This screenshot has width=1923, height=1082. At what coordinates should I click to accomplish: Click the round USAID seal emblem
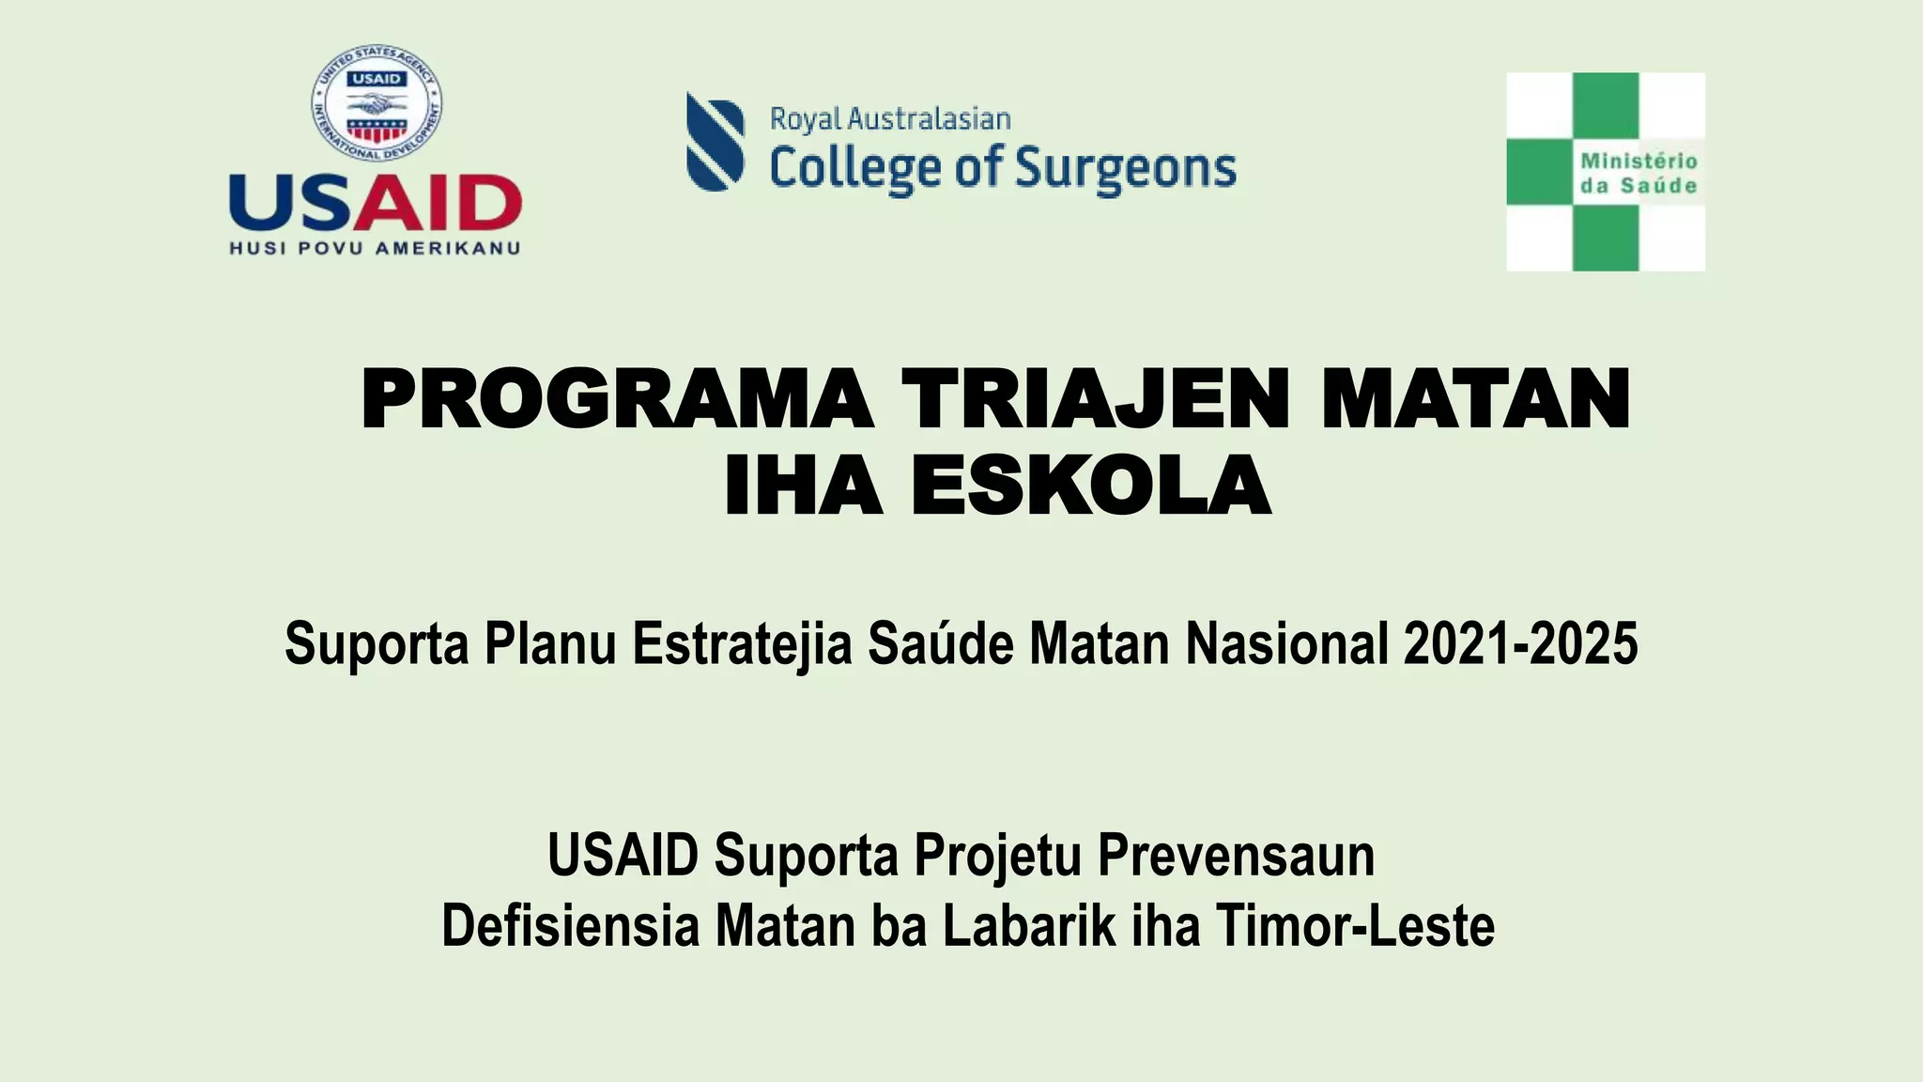pyautogui.click(x=377, y=103)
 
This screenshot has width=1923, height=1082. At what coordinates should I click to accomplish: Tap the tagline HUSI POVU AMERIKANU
pyautogui.click(x=375, y=249)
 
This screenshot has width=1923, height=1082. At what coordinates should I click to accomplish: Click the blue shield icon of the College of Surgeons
pyautogui.click(x=715, y=142)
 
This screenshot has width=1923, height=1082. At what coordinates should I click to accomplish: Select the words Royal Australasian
pyautogui.click(x=890, y=119)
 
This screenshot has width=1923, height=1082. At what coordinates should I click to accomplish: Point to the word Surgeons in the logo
pyautogui.click(x=1126, y=169)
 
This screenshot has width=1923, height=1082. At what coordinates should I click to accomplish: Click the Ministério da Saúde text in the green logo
pyautogui.click(x=1638, y=174)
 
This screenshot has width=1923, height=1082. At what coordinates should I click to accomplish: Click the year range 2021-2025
pyautogui.click(x=1520, y=644)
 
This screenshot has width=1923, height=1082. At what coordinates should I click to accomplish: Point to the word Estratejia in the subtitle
pyautogui.click(x=742, y=644)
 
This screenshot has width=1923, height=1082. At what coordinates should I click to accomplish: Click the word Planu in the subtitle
pyautogui.click(x=549, y=644)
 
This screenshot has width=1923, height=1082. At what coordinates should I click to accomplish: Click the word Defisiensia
pyautogui.click(x=571, y=926)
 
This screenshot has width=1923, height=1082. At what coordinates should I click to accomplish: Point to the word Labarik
pyautogui.click(x=1029, y=926)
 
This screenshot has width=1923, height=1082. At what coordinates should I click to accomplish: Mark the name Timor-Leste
pyautogui.click(x=1354, y=926)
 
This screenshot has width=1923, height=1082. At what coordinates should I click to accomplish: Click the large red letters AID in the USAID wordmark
pyautogui.click(x=437, y=203)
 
